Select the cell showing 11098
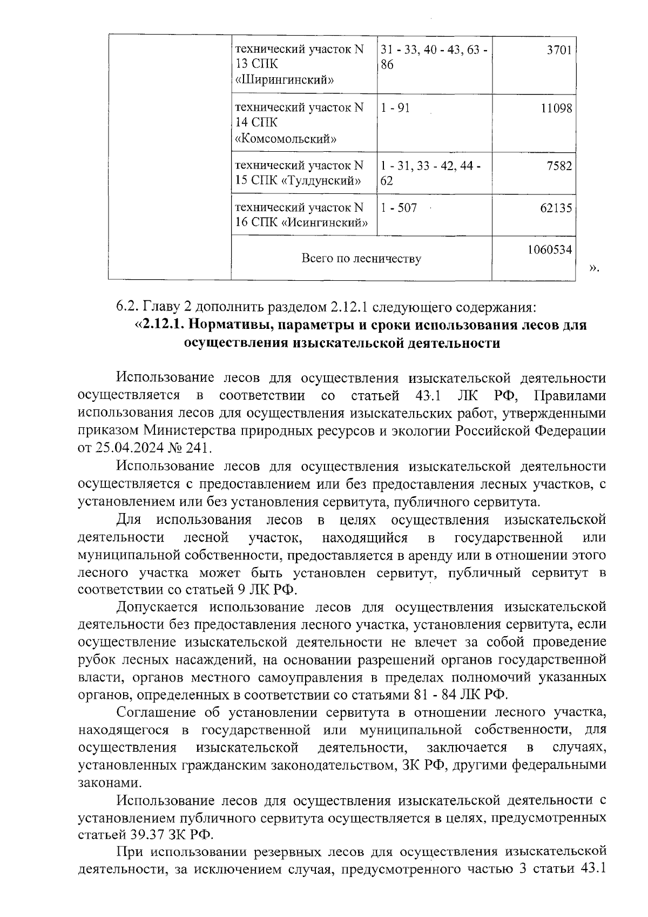click(x=556, y=108)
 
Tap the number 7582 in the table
click(x=558, y=166)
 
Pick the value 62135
click(x=556, y=208)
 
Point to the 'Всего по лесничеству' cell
click(x=361, y=259)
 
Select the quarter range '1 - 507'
click(x=399, y=208)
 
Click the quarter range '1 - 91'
click(x=395, y=108)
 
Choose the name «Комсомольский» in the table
click(x=286, y=139)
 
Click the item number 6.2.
click(x=127, y=307)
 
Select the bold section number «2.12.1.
click(x=161, y=325)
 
